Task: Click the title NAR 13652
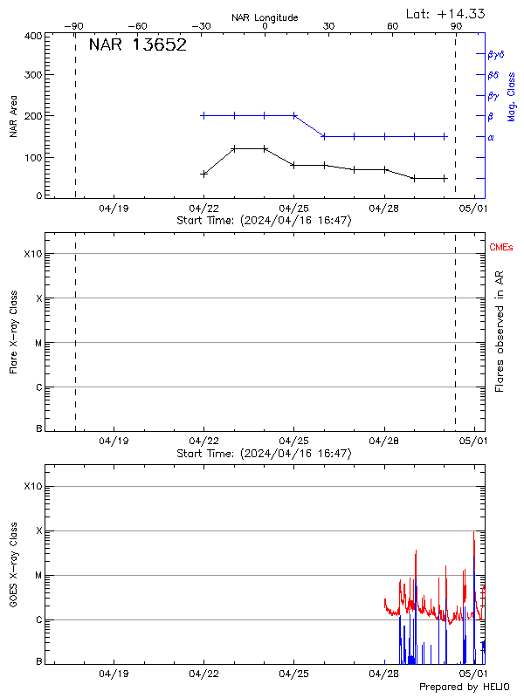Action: pos(138,45)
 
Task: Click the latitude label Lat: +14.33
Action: pos(446,13)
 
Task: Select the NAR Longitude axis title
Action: pos(265,17)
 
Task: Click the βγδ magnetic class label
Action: pos(496,54)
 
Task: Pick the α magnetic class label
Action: pos(491,137)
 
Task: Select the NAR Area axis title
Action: pos(13,116)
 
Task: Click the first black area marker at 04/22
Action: pos(203,174)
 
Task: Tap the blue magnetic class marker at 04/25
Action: pos(293,115)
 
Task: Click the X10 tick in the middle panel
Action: pos(33,254)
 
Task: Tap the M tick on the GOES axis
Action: pos(38,576)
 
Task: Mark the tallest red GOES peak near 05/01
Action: pos(474,532)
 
